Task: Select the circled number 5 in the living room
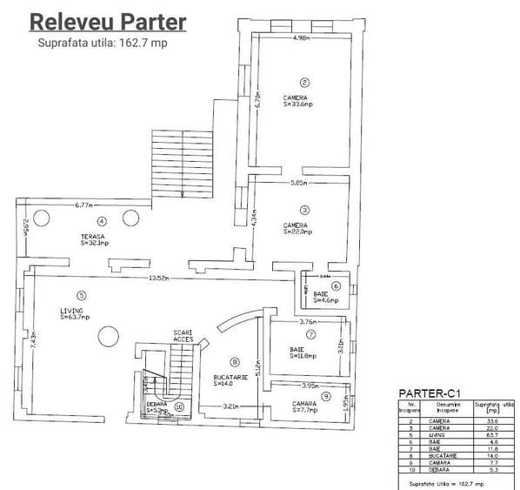[81, 294]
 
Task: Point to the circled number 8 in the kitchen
[234, 361]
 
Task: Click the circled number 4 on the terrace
[102, 221]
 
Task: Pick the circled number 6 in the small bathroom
[335, 285]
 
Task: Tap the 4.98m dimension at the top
[302, 38]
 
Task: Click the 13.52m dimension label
[157, 279]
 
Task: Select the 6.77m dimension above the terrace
[84, 205]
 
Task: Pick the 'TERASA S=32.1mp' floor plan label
[93, 240]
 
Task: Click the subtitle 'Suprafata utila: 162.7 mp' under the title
[102, 44]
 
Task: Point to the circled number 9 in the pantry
[325, 396]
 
